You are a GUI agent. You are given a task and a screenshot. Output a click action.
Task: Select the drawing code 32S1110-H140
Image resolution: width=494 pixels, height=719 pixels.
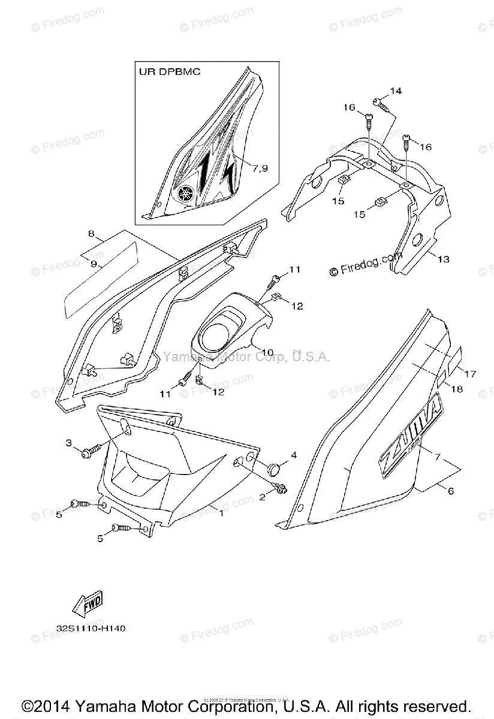91,629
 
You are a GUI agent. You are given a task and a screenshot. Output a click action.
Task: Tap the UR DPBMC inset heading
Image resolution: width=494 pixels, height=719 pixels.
167,71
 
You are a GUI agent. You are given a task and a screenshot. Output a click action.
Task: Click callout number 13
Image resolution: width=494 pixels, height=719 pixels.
443,259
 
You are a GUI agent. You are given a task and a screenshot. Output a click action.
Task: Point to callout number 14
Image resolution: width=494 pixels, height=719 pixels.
395,90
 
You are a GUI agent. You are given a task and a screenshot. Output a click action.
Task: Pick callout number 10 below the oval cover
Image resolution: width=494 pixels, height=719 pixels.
267,352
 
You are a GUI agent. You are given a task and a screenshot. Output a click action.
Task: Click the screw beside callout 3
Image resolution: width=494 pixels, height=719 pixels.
91,448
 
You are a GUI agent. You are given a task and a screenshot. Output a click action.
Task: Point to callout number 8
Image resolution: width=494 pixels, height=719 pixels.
92,234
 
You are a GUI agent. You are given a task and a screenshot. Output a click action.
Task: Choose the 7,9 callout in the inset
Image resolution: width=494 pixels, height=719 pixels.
261,169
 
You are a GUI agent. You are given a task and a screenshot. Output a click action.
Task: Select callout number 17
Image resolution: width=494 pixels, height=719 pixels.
469,374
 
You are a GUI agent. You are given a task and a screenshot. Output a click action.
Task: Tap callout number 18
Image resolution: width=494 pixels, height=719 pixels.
457,389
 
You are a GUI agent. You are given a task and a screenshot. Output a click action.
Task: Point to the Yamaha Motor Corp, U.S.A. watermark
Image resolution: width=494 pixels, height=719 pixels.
246,357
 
